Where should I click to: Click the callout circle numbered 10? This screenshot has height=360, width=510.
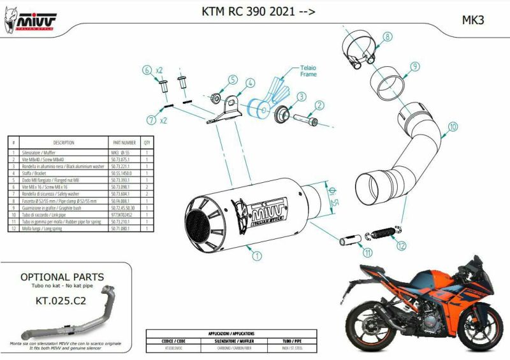point(452,127)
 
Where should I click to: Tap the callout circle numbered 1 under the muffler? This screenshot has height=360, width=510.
point(256,257)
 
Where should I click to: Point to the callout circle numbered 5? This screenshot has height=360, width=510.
point(232,80)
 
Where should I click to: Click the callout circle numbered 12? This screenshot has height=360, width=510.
point(400,245)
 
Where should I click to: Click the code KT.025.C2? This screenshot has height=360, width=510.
point(61,299)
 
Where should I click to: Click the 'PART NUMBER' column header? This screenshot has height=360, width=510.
point(124,143)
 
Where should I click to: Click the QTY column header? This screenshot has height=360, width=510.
point(147,143)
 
